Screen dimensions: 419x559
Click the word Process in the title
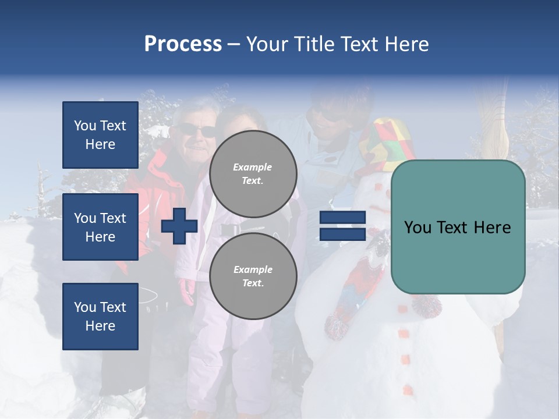click(x=183, y=44)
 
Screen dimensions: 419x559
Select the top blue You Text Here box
click(x=100, y=135)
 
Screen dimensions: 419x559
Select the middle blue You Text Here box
click(x=100, y=227)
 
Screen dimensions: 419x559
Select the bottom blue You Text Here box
click(x=100, y=316)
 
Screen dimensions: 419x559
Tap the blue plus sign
click(x=179, y=226)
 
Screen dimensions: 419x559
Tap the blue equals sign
click(x=342, y=226)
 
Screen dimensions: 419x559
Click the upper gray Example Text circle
click(x=253, y=173)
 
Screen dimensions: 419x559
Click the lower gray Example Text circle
click(x=253, y=276)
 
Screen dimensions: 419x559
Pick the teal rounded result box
click(x=458, y=227)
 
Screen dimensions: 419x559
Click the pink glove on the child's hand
click(x=187, y=291)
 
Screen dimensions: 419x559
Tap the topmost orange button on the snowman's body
click(x=401, y=308)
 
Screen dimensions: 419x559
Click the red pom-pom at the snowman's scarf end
click(x=336, y=327)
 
